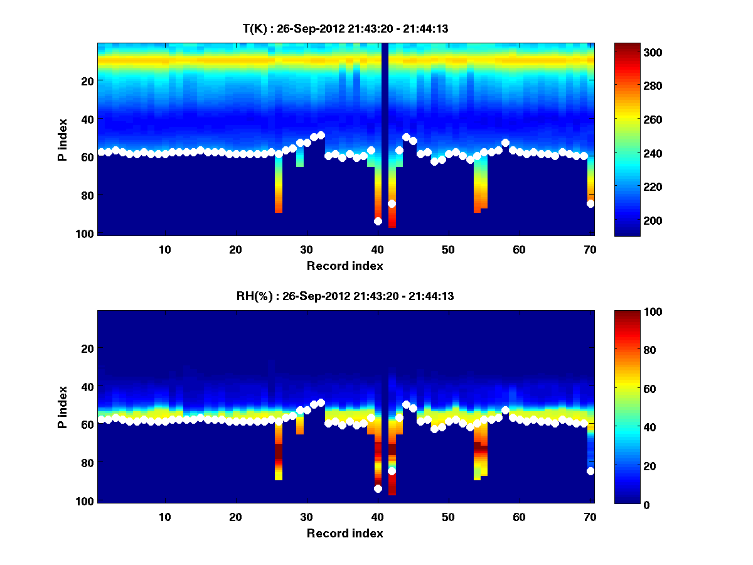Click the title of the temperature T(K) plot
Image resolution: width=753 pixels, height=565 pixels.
[x=345, y=28]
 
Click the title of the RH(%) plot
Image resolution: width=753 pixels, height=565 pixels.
[x=345, y=296]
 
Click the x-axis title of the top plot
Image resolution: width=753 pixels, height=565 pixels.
[x=345, y=266]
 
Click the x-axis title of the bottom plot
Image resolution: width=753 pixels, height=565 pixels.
[x=345, y=533]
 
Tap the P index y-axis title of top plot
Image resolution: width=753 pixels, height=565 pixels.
[x=62, y=139]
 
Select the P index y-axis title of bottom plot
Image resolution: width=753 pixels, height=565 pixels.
[x=62, y=407]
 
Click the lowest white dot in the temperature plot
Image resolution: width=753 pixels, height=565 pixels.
[x=378, y=221]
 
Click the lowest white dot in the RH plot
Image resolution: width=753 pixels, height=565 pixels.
[x=378, y=488]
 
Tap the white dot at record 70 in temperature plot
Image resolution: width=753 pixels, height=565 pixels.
[x=590, y=203]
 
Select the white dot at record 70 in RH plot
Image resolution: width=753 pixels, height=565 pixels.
[x=590, y=471]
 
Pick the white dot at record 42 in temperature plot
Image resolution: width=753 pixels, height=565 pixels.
[x=392, y=203]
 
